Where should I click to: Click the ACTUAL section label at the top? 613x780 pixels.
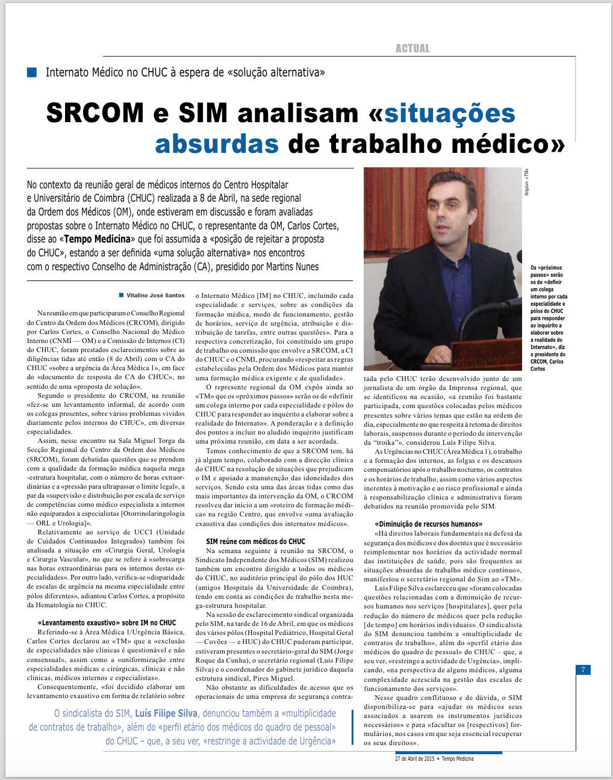tap(412, 49)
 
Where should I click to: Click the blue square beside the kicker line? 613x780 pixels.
tap(32, 72)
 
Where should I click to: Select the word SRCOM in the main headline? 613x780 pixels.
tap(95, 113)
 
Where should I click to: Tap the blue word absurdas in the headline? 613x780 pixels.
tap(217, 144)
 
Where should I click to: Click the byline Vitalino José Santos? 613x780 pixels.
tap(155, 296)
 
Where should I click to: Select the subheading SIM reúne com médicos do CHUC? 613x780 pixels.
tap(255, 542)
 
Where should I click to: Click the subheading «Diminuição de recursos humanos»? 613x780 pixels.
tap(428, 524)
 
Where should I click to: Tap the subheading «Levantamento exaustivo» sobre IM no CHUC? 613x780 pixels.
tap(107, 623)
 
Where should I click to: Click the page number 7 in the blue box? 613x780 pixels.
tap(583, 670)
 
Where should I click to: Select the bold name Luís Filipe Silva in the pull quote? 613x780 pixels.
tap(166, 714)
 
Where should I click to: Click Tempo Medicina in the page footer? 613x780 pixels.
tap(458, 759)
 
